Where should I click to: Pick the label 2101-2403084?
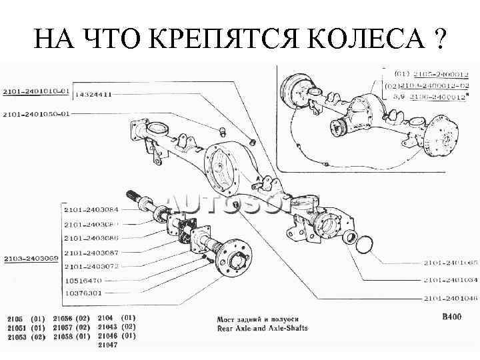(91, 210)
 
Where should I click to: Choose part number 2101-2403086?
(91, 238)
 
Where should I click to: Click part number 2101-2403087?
(91, 253)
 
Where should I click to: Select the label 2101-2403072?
(91, 267)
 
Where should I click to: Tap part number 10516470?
(84, 281)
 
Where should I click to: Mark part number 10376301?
(84, 293)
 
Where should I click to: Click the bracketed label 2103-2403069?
(31, 258)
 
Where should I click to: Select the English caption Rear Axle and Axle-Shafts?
(262, 328)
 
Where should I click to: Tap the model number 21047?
(107, 345)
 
